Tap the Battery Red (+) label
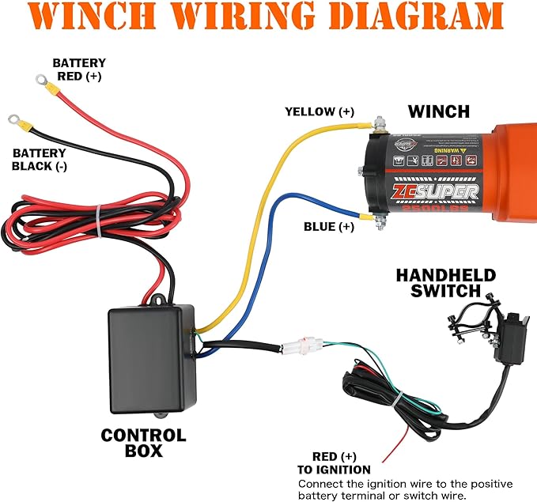point(78,70)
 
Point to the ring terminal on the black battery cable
point(13,119)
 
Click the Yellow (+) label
point(320,111)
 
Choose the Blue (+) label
point(329,227)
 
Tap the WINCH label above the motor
point(438,111)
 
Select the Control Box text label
point(143,443)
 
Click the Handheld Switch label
point(445,283)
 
